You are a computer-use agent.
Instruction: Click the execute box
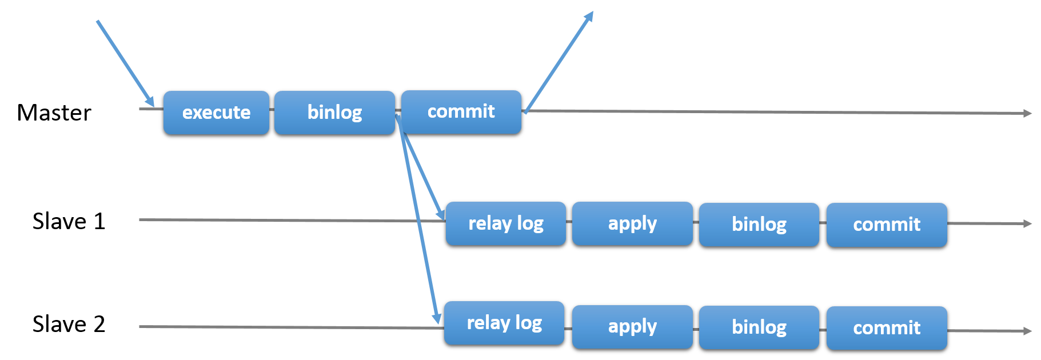coord(216,113)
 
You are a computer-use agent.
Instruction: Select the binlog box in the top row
coord(334,113)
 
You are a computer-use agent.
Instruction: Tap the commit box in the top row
coord(461,112)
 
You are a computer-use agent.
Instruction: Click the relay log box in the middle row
coord(505,223)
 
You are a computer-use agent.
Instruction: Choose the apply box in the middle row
coord(632,223)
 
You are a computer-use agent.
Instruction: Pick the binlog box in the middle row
coord(759,225)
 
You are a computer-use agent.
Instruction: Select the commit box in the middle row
coord(886,225)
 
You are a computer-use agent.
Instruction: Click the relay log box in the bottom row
coord(504,323)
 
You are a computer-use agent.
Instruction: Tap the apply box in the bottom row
coord(632,327)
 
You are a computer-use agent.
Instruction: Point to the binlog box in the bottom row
coord(759,327)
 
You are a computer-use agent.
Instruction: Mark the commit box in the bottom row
coord(886,328)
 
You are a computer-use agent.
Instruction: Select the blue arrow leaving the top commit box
coord(559,62)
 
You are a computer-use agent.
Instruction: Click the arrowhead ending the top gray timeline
coord(1028,114)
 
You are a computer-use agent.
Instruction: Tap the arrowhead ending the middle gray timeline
coord(1028,224)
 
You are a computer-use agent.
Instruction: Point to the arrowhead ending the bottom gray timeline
coord(1028,331)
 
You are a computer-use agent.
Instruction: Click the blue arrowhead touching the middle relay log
coord(441,214)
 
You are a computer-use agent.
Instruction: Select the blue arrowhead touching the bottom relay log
coord(437,317)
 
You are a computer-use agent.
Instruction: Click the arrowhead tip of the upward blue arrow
coord(591,14)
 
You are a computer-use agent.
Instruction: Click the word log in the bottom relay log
coord(528,323)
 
